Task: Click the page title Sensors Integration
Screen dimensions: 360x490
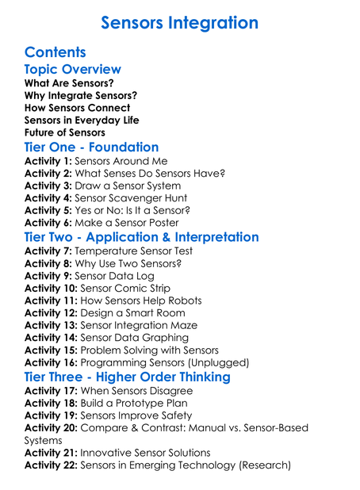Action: [180, 23]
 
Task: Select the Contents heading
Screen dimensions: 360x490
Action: [55, 52]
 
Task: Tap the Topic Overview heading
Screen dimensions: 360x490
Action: [73, 70]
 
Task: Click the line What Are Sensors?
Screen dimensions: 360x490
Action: [69, 83]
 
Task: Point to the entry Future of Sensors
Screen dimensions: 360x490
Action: [65, 132]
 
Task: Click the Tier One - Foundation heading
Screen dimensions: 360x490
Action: [91, 147]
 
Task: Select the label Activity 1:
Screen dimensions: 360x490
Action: [48, 161]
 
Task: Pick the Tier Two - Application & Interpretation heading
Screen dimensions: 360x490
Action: [141, 237]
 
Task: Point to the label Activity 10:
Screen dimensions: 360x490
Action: [51, 288]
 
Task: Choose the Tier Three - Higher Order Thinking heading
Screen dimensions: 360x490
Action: [128, 377]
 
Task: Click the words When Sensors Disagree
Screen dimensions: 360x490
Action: [139, 390]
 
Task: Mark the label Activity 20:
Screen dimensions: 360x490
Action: [51, 427]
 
